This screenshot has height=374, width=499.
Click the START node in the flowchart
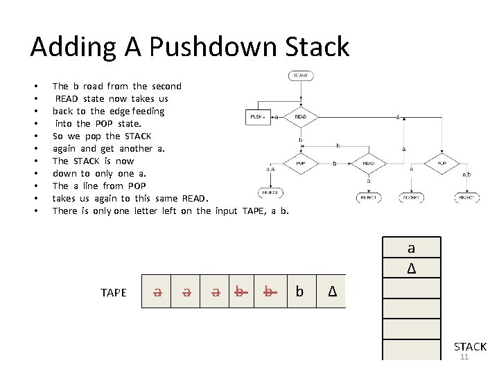click(300, 75)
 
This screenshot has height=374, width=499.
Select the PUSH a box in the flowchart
click(258, 117)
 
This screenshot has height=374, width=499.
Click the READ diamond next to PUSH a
click(300, 117)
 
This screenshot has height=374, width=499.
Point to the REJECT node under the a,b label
click(466, 197)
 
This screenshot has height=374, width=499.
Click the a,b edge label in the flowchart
click(466, 175)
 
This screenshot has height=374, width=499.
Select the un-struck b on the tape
click(299, 292)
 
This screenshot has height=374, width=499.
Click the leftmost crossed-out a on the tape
click(157, 292)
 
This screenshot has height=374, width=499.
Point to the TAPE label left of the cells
click(114, 292)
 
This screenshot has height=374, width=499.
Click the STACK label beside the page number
click(470, 346)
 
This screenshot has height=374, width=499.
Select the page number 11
click(464, 357)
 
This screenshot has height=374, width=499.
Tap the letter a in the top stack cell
click(411, 248)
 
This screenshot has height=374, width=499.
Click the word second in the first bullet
click(166, 86)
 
